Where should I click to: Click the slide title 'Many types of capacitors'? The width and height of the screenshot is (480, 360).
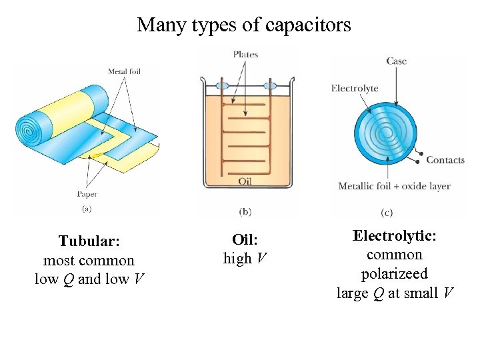click(x=243, y=25)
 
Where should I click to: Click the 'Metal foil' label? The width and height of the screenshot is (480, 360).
click(x=124, y=71)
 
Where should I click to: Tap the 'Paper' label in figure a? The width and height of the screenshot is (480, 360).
click(x=87, y=194)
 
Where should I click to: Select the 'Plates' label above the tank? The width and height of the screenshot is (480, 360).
click(x=246, y=54)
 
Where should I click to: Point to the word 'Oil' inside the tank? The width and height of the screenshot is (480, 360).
click(x=245, y=181)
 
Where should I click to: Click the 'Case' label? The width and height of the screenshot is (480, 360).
click(x=396, y=61)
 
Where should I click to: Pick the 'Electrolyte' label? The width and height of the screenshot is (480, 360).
click(x=354, y=88)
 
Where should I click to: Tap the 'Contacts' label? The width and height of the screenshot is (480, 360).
click(x=445, y=159)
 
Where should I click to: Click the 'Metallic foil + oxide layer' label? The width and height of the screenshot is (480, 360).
click(x=394, y=186)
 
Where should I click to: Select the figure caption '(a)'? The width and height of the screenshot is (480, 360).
click(x=87, y=209)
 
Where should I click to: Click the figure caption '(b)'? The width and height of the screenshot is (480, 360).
click(x=245, y=211)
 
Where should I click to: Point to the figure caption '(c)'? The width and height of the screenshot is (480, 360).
click(x=387, y=213)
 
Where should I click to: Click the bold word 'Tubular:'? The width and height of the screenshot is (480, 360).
click(x=89, y=241)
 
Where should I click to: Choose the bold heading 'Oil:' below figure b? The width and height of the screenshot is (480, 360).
click(x=245, y=239)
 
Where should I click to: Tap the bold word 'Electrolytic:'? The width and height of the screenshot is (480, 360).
click(x=395, y=235)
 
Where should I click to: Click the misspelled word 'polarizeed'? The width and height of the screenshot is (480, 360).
click(x=395, y=273)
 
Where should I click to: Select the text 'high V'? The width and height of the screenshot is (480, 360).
click(x=245, y=259)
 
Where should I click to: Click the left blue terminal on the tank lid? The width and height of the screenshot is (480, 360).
click(x=221, y=86)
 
